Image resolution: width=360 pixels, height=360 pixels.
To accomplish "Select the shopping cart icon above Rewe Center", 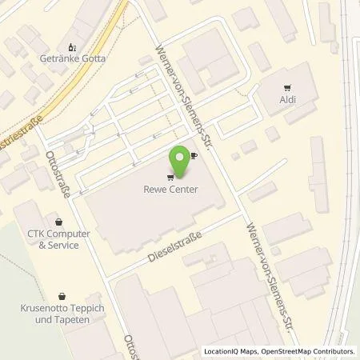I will point(170,178).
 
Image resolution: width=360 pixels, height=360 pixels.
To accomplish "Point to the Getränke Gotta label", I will point(73,58).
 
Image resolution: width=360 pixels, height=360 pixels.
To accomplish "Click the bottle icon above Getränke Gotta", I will point(72,47).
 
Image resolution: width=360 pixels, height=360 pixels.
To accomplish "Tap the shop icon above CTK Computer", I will point(58,222).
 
